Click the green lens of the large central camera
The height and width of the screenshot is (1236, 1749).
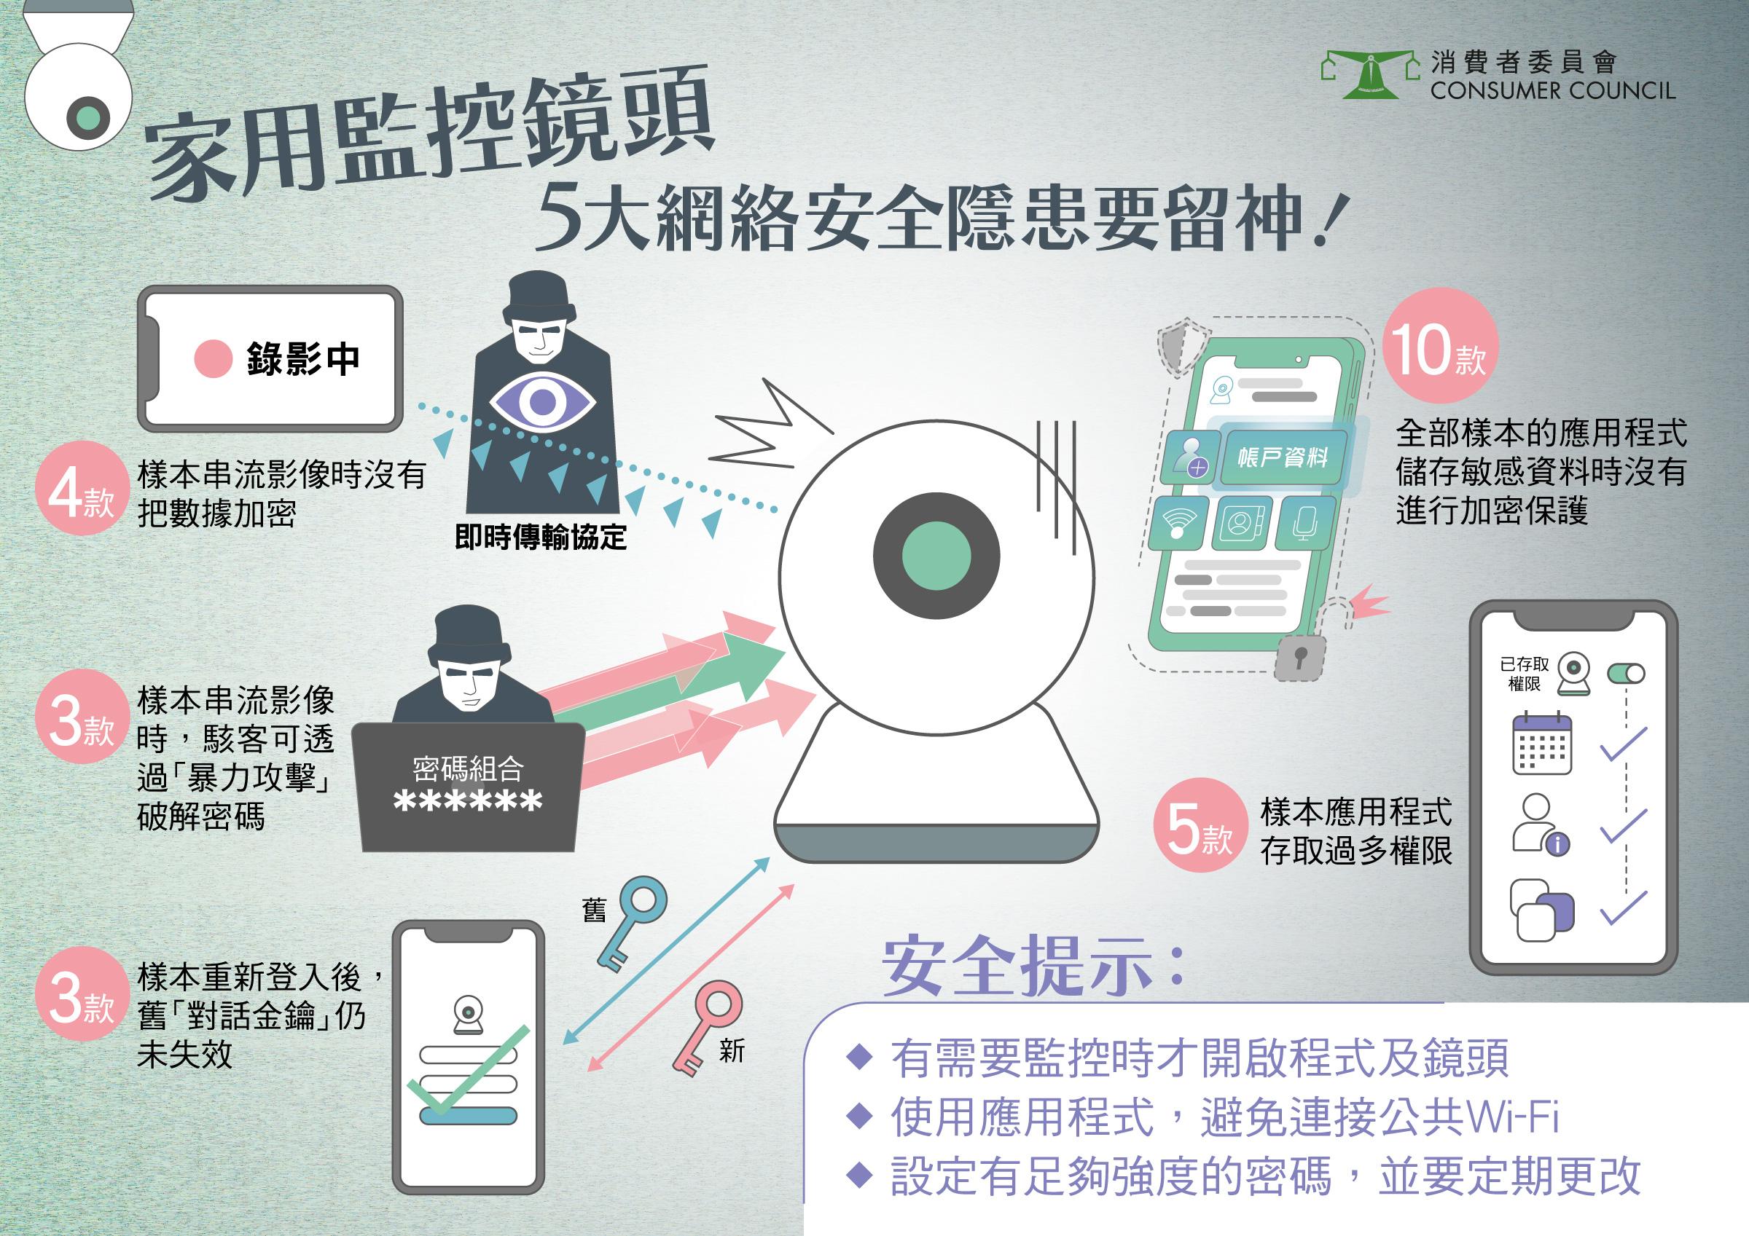[936, 554]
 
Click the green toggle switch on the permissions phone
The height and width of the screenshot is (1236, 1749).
[1626, 673]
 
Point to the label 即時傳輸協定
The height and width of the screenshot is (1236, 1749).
[540, 538]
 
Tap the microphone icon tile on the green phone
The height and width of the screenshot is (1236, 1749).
[1304, 522]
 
